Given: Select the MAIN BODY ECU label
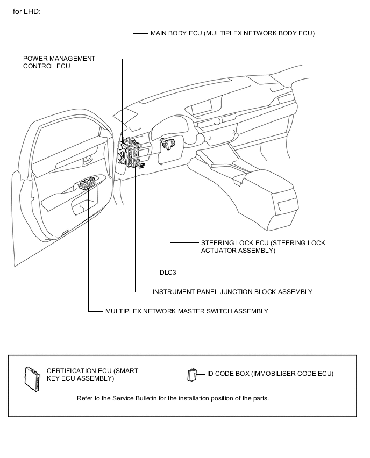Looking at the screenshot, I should (232, 33).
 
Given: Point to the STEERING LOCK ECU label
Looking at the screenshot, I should (262, 247).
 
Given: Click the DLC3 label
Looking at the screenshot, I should (168, 273).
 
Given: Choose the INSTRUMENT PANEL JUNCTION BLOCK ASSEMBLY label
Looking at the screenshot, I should (232, 292).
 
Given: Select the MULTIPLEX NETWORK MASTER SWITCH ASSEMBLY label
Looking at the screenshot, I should (187, 311).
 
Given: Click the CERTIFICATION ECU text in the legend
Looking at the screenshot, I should (99, 375).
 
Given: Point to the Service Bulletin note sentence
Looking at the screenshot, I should (173, 398).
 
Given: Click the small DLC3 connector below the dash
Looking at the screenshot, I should (141, 167).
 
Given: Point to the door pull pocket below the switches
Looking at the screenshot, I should (84, 204).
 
